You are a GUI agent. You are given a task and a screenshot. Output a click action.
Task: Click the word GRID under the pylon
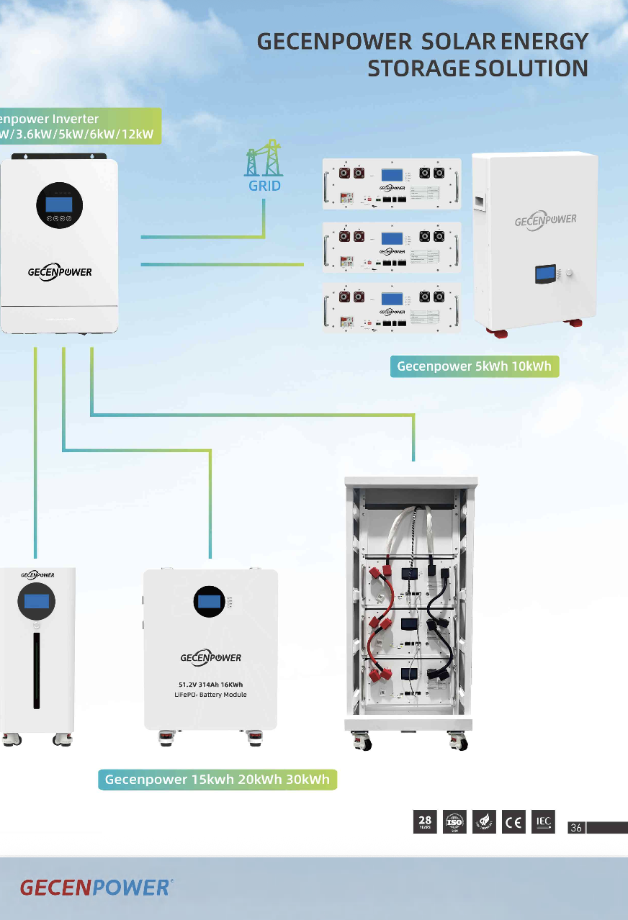(x=264, y=186)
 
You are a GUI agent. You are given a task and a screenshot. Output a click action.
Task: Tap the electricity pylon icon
(x=264, y=158)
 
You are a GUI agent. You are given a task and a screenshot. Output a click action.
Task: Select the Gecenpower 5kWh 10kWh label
(x=474, y=366)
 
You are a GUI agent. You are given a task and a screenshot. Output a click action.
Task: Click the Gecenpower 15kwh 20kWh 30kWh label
(x=217, y=779)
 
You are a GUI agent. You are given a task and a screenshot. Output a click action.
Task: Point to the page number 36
(x=576, y=828)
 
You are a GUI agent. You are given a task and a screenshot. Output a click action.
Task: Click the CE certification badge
(x=513, y=822)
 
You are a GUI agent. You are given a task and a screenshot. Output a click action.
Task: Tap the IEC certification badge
(x=543, y=821)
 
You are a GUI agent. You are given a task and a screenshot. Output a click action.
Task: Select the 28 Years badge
(x=425, y=822)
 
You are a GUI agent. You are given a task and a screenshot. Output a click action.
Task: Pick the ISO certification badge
(x=454, y=822)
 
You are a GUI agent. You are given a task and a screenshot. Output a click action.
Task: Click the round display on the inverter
(x=59, y=204)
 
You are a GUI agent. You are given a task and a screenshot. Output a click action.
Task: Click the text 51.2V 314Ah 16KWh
(x=210, y=684)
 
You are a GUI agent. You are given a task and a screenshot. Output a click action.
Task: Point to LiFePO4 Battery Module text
(x=210, y=695)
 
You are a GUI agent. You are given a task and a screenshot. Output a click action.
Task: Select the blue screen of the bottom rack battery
(x=392, y=299)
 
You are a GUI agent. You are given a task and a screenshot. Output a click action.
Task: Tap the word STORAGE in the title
(x=418, y=68)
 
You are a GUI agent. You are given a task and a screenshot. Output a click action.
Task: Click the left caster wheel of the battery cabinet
(x=362, y=740)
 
